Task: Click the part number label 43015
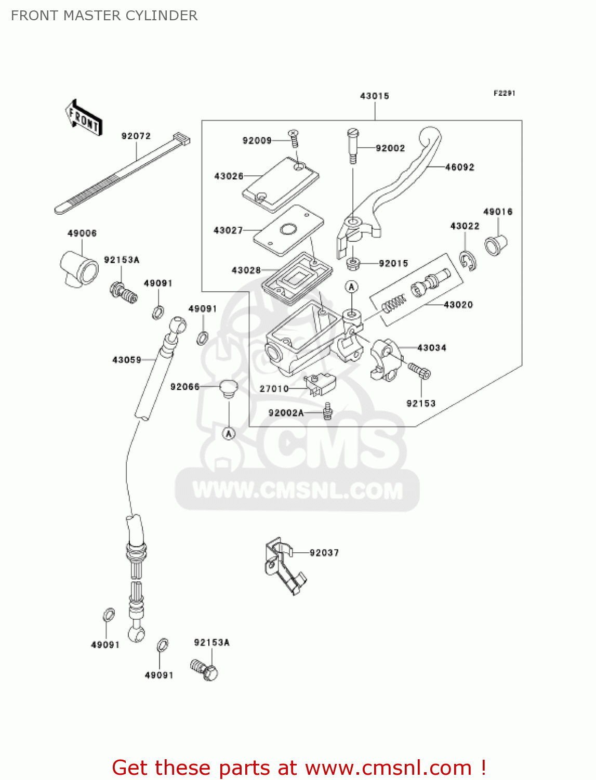coord(374,96)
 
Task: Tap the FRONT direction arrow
coord(84,119)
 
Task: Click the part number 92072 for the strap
coord(136,136)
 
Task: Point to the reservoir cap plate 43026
coord(281,185)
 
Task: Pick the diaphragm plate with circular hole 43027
coord(288,230)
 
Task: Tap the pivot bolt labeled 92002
coord(353,146)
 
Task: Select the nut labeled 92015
coord(353,263)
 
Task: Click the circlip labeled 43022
coord(468,261)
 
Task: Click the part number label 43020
coord(458,305)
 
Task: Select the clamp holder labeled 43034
coord(385,359)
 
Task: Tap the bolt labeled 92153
coord(419,371)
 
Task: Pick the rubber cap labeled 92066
coord(228,388)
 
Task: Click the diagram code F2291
coord(504,93)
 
